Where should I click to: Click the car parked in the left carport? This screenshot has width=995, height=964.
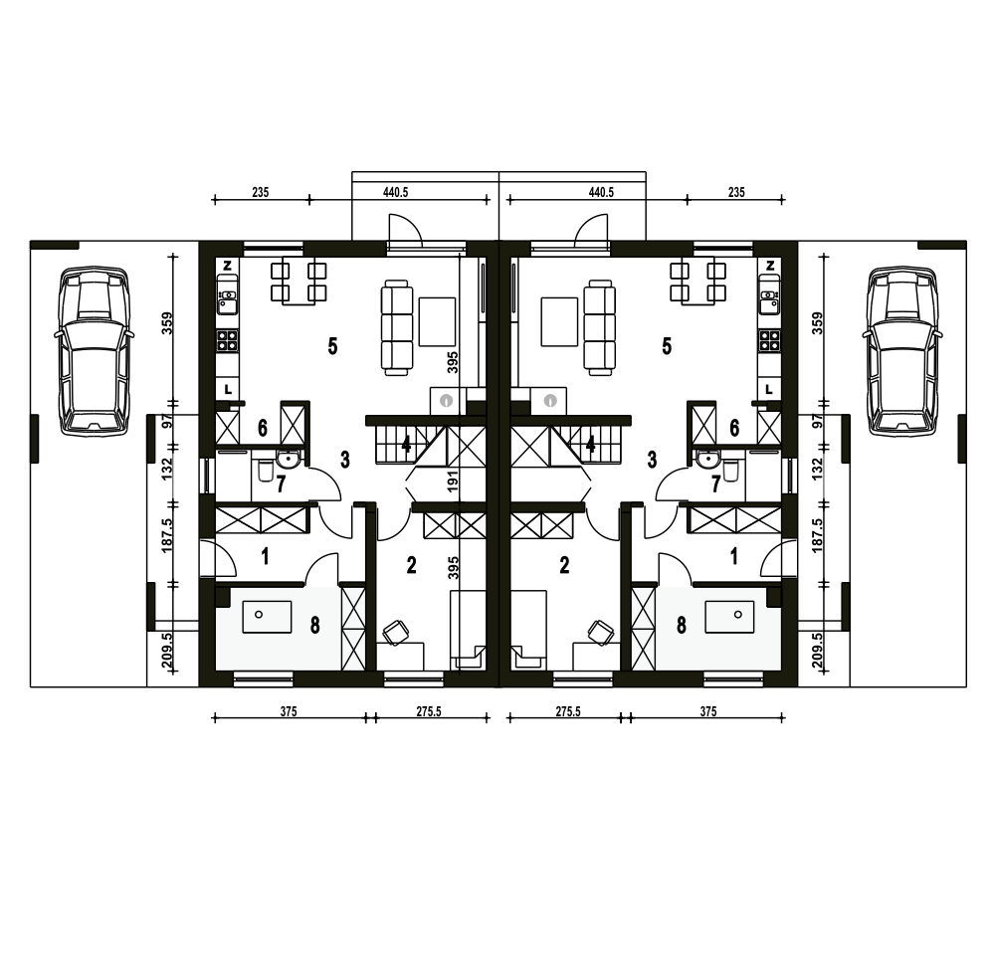[94, 351]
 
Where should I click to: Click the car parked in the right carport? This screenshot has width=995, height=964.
[901, 351]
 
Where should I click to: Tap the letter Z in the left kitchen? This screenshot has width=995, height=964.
[228, 266]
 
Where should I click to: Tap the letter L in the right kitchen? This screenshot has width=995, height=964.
[769, 389]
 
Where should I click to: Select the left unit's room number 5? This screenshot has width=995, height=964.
[332, 346]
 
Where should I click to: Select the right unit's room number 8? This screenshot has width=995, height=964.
[682, 625]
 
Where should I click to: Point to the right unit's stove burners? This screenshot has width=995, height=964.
[770, 341]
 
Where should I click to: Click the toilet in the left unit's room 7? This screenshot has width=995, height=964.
[265, 471]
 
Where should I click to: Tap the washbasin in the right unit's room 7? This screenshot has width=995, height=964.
[706, 458]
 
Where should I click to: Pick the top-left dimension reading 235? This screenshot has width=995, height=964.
[260, 192]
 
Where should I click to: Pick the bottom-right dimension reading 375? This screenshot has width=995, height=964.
[708, 711]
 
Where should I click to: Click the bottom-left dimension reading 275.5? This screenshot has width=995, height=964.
[429, 711]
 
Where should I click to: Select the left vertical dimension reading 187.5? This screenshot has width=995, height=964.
[167, 535]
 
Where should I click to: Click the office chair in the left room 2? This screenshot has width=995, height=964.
[397, 633]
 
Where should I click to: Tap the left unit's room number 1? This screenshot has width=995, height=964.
[266, 556]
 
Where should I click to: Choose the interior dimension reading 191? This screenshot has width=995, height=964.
[453, 482]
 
